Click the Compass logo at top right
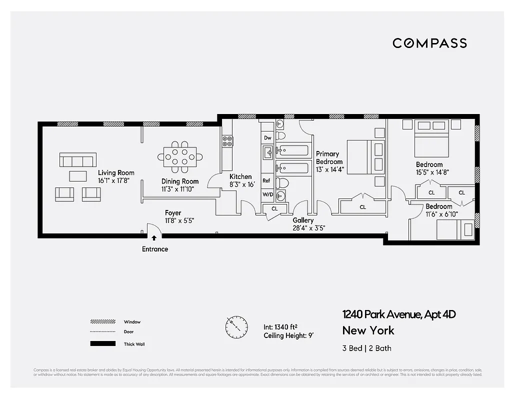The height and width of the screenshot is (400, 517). point(429,43)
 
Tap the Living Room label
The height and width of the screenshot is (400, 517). point(116,173)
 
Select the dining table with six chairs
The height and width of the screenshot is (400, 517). point(180,156)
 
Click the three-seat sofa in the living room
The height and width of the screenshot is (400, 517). point(77,160)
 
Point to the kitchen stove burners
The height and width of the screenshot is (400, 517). point(227,141)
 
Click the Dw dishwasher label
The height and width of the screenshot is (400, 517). point(267,137)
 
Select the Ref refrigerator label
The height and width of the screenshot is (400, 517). point(266,180)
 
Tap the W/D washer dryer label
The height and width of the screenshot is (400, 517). point(267,195)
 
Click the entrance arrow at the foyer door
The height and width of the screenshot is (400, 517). point(154,238)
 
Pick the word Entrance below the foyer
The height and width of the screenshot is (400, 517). point(155,249)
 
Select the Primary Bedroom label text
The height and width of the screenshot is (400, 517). point(329,157)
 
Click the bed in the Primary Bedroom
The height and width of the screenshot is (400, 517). point(365,157)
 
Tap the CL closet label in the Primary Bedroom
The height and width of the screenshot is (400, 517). point(362,206)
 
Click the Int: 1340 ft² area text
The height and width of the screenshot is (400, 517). point(280,327)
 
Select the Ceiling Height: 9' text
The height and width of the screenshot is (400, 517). point(288,335)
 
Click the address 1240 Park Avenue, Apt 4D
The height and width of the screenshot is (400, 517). point(399,314)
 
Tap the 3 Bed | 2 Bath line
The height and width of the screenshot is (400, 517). point(367,348)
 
